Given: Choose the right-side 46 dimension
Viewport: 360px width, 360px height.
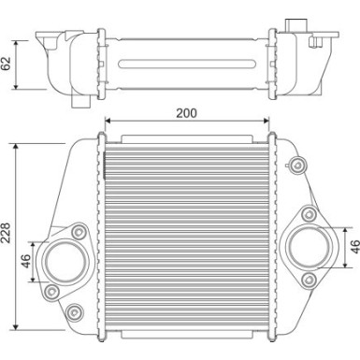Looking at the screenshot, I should (353, 247).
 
